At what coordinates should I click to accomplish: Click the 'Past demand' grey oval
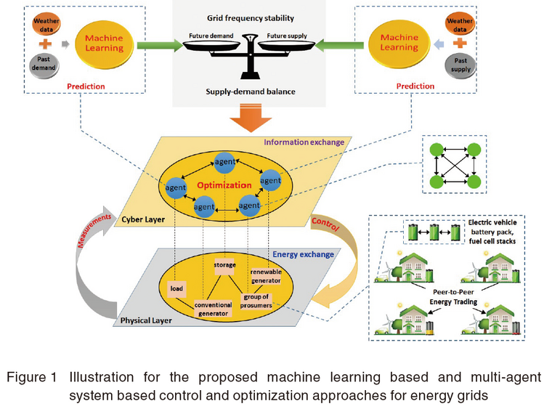[42, 66]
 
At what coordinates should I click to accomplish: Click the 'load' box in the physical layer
[177, 287]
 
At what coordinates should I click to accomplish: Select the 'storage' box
[224, 265]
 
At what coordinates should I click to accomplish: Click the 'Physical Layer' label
[142, 319]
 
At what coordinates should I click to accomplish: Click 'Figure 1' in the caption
[35, 377]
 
